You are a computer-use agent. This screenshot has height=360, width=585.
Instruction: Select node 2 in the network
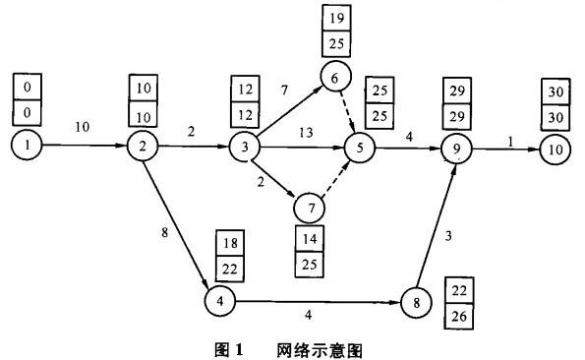click(x=143, y=148)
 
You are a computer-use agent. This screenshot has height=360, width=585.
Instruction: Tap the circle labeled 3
click(x=242, y=149)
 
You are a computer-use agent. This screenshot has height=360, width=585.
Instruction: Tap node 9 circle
click(x=457, y=149)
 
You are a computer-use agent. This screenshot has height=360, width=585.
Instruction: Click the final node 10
click(x=556, y=149)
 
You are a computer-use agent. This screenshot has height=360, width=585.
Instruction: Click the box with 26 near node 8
click(x=458, y=318)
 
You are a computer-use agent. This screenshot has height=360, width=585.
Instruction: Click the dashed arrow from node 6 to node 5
click(x=346, y=112)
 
